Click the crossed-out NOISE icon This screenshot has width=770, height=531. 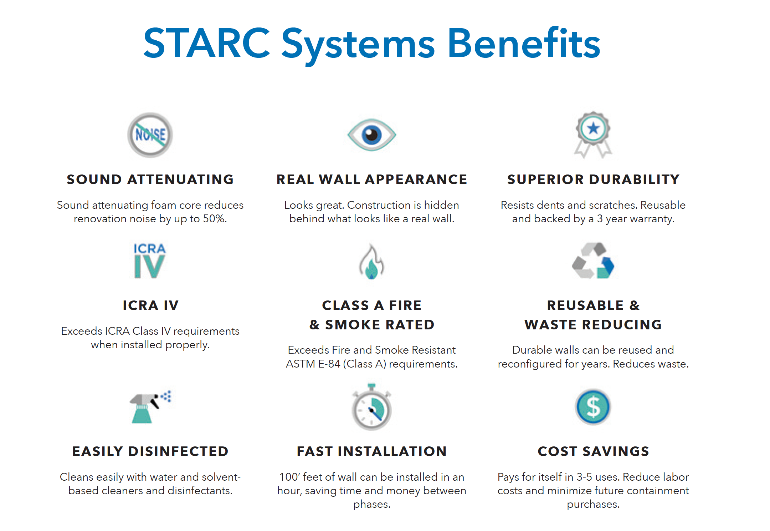(150, 135)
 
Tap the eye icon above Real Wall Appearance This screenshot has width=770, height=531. (371, 135)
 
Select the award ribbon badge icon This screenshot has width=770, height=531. (593, 135)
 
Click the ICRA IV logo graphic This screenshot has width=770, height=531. (150, 261)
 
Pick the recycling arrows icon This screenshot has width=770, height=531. (593, 261)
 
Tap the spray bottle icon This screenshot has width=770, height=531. (150, 407)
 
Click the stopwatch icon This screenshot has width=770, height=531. (371, 406)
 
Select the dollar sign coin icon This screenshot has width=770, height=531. (593, 407)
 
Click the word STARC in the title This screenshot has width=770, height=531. (207, 43)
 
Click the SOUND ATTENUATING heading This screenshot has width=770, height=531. (150, 179)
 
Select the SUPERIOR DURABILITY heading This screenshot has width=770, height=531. (594, 179)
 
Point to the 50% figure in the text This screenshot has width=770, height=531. (215, 219)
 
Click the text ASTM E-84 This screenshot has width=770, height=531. (313, 364)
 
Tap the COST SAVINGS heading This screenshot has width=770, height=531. (594, 451)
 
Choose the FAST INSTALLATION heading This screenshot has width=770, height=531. (372, 451)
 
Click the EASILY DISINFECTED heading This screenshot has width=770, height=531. (150, 451)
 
